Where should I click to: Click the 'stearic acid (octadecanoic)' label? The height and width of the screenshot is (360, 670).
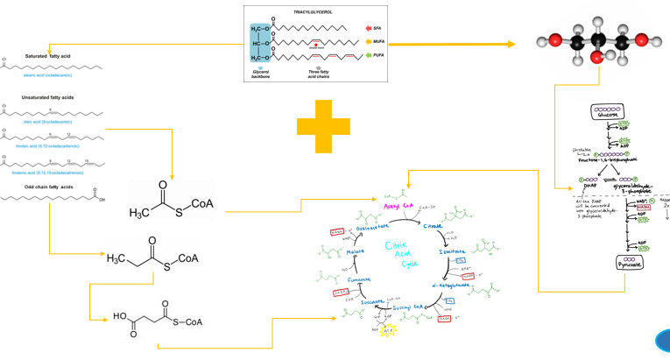click(x=54, y=76)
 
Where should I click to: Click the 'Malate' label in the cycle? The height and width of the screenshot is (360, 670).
click(x=354, y=252)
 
